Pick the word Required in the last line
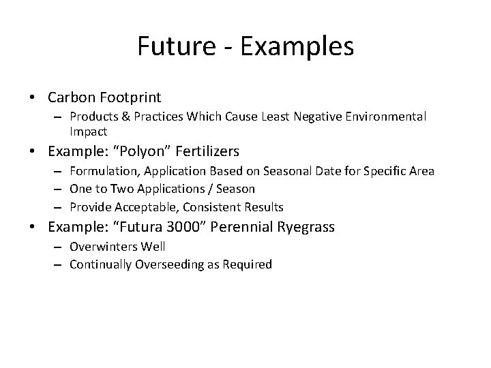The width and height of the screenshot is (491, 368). pos(248,264)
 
